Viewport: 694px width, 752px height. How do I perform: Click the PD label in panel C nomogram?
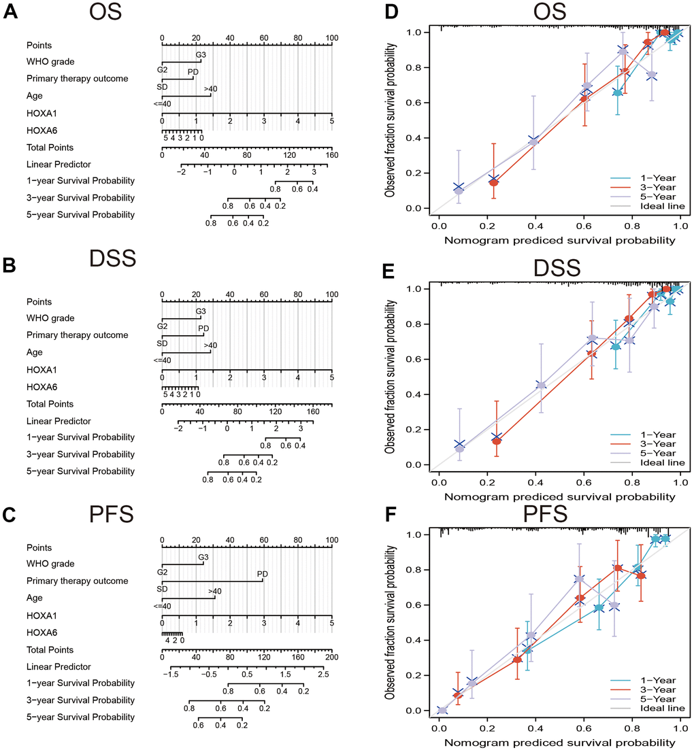(262, 575)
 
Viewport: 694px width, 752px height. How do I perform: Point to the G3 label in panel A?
(201, 54)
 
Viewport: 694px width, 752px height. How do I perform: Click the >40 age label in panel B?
(210, 345)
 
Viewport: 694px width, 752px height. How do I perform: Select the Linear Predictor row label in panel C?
(59, 666)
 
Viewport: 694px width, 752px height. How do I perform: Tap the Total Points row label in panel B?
(50, 404)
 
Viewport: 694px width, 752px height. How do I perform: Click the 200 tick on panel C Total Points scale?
(331, 657)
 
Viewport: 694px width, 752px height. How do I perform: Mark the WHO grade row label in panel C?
(50, 564)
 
